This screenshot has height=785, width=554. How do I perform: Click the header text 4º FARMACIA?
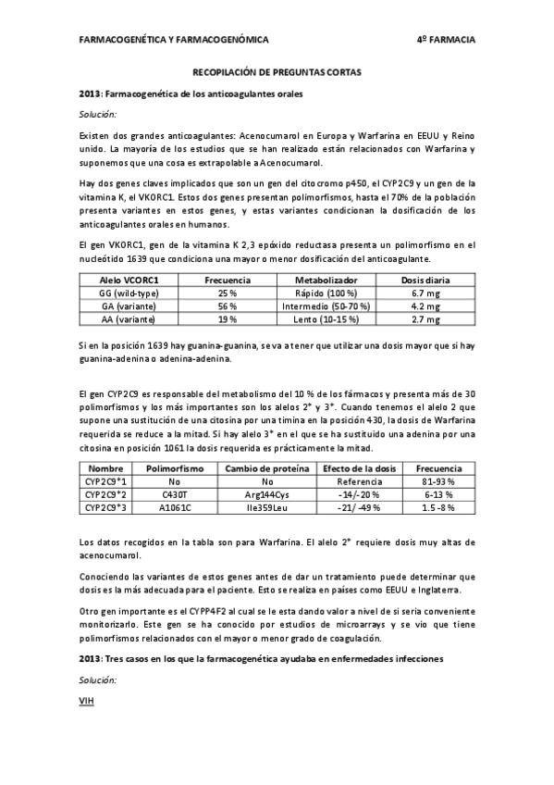tap(446, 41)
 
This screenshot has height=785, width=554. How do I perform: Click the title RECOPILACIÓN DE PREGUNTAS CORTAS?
tap(277, 71)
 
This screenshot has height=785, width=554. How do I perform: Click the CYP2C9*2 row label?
tap(106, 495)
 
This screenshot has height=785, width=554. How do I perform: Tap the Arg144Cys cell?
tap(268, 495)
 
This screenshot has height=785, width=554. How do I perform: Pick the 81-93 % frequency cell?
tap(434, 482)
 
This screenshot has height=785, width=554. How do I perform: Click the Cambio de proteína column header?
tap(268, 469)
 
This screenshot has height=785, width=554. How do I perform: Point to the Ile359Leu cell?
tap(268, 508)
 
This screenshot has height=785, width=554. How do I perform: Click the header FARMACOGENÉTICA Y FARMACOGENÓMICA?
tap(175, 41)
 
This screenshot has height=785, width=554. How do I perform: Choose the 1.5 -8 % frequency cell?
tap(434, 508)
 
